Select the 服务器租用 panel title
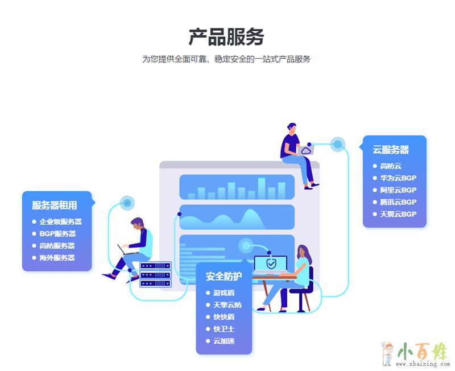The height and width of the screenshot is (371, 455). (x=54, y=205)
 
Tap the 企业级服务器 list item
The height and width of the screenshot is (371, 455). (x=60, y=221)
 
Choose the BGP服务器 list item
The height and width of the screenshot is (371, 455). (x=57, y=233)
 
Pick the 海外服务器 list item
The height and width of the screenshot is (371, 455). (x=57, y=257)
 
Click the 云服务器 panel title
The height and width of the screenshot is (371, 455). (x=391, y=150)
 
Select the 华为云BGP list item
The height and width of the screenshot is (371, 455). (x=398, y=178)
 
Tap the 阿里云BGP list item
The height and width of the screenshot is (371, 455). (x=398, y=190)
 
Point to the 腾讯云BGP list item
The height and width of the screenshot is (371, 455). (x=398, y=202)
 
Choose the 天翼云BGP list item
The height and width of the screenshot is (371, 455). (x=398, y=214)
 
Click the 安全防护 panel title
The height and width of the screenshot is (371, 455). (x=224, y=277)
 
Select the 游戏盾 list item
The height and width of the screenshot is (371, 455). (x=224, y=293)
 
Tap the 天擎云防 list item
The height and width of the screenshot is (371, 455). (x=227, y=305)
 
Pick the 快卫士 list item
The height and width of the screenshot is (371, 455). (x=224, y=329)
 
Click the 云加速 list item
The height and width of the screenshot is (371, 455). (x=224, y=341)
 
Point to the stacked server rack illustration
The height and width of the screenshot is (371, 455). (x=155, y=274)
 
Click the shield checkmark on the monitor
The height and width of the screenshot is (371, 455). (x=271, y=263)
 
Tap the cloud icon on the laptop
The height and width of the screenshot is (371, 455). (x=307, y=150)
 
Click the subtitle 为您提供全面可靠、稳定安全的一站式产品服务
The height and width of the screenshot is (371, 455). (x=226, y=59)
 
